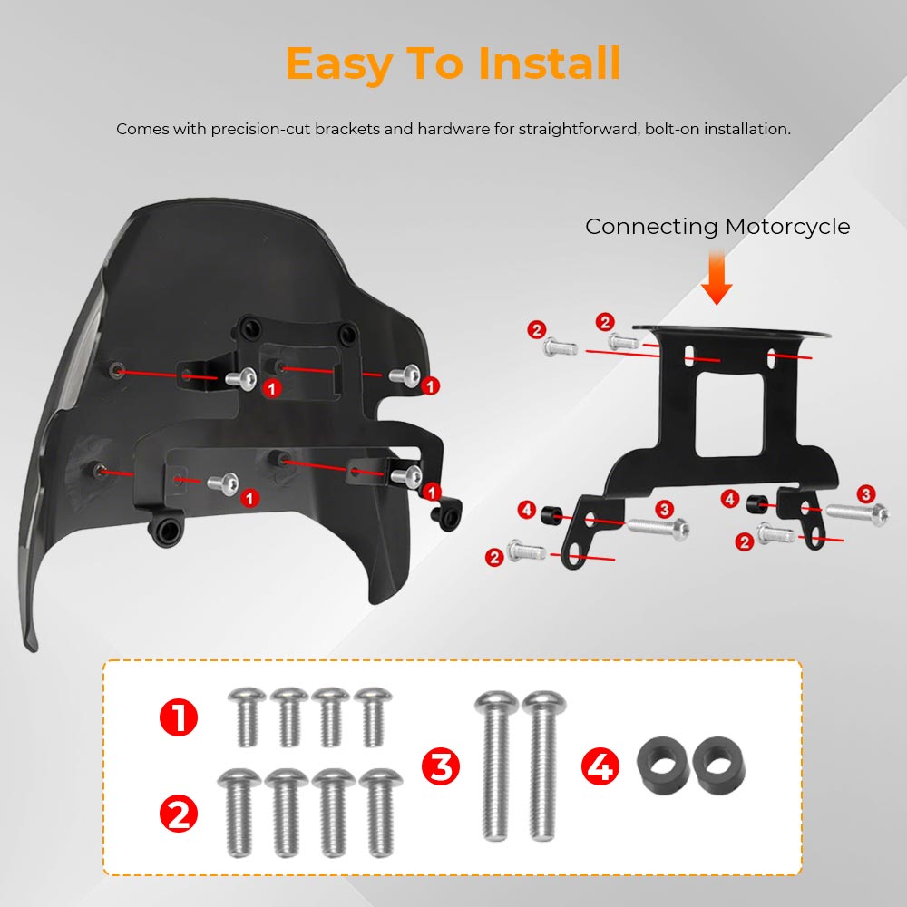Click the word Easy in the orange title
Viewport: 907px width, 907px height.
tap(339, 65)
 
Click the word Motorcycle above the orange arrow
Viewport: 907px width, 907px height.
tap(787, 227)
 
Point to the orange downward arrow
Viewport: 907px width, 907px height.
tap(717, 277)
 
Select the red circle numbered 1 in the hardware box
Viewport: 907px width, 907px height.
tap(179, 717)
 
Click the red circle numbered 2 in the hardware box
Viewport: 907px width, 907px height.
tap(179, 814)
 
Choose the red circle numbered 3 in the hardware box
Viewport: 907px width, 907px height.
tap(441, 766)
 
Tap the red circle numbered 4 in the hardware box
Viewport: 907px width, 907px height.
tap(600, 766)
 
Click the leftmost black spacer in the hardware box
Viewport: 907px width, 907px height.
tap(662, 766)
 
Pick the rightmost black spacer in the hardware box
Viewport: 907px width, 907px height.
tap(719, 766)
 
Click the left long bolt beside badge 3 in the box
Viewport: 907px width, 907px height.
tap(495, 765)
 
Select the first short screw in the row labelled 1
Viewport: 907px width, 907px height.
tap(247, 717)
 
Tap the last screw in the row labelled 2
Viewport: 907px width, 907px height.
tap(381, 812)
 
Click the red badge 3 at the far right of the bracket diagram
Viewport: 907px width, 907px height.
tap(865, 494)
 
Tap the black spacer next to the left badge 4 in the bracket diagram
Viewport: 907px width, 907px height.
tap(551, 514)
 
